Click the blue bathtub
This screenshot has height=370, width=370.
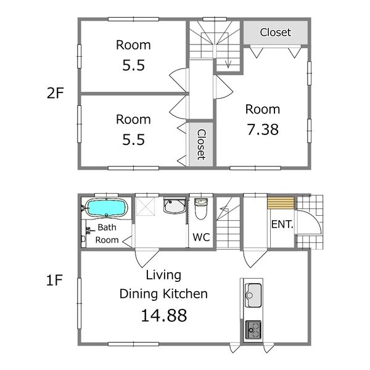(x=106, y=208)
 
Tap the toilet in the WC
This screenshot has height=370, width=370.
(x=201, y=208)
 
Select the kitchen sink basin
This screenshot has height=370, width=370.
(x=253, y=295)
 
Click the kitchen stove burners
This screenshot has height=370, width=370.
(x=253, y=330)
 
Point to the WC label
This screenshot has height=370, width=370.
(x=201, y=237)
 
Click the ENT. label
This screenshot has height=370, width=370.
(x=282, y=224)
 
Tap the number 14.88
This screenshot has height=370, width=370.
(x=164, y=316)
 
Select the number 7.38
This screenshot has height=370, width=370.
(x=263, y=129)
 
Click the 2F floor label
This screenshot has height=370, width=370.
(x=55, y=93)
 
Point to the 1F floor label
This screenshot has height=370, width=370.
(x=54, y=281)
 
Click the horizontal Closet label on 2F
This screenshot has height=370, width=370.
(x=276, y=32)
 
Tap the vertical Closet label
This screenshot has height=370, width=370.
(x=201, y=144)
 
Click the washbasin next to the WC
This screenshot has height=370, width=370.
(x=175, y=205)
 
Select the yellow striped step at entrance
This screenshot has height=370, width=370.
(x=281, y=203)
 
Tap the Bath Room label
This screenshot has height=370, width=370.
(x=107, y=234)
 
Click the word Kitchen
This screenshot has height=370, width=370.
(x=185, y=294)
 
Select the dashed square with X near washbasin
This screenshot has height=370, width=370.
(x=145, y=207)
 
